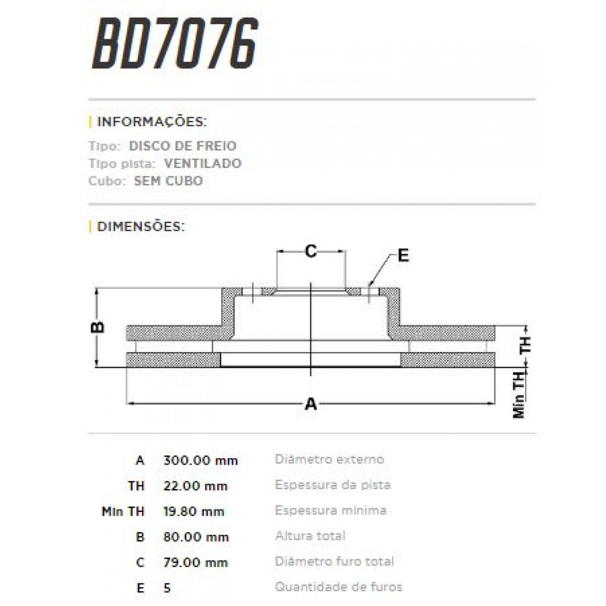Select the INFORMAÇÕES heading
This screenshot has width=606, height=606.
(151, 122)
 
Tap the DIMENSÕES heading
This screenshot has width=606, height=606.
(141, 227)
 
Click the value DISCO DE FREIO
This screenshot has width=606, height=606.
(183, 146)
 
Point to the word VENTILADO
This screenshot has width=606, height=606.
(203, 164)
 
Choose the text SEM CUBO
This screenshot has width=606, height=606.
(169, 181)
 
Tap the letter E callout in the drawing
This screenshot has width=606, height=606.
(403, 256)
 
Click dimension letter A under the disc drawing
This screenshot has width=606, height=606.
(311, 404)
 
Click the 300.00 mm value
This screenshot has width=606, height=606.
(200, 461)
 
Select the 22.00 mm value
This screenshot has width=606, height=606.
(195, 486)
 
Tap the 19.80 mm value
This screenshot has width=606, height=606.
(194, 512)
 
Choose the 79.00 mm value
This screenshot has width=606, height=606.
(195, 563)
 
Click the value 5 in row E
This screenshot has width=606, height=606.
(167, 588)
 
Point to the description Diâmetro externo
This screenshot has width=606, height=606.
(329, 460)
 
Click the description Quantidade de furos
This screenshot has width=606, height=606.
(338, 587)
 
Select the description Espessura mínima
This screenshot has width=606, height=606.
(331, 511)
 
